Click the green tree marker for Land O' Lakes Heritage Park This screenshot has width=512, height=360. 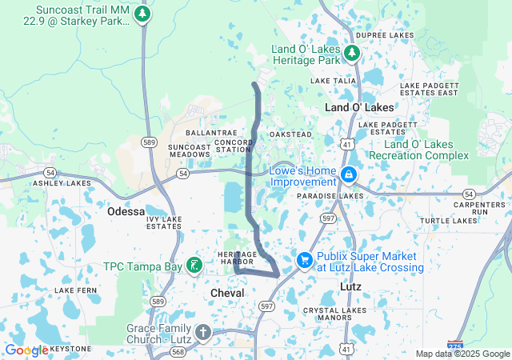352,53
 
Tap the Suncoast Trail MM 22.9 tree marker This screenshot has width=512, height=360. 142,14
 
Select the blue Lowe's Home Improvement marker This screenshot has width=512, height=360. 348,174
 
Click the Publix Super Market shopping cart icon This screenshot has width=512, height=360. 304,260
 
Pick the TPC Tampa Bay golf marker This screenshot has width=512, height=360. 193,265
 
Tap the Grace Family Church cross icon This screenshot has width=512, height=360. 202,332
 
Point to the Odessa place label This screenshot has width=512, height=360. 126,212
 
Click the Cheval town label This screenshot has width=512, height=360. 226,294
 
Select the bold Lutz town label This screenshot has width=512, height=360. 350,286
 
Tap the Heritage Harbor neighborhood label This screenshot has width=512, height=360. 236,258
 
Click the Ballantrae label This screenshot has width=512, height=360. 207,133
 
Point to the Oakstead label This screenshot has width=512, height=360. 290,134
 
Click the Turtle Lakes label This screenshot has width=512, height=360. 448,220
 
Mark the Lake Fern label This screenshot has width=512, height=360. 74,290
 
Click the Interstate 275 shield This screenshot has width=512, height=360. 454,346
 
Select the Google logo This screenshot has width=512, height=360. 26,350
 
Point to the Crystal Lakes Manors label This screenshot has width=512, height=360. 324,314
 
